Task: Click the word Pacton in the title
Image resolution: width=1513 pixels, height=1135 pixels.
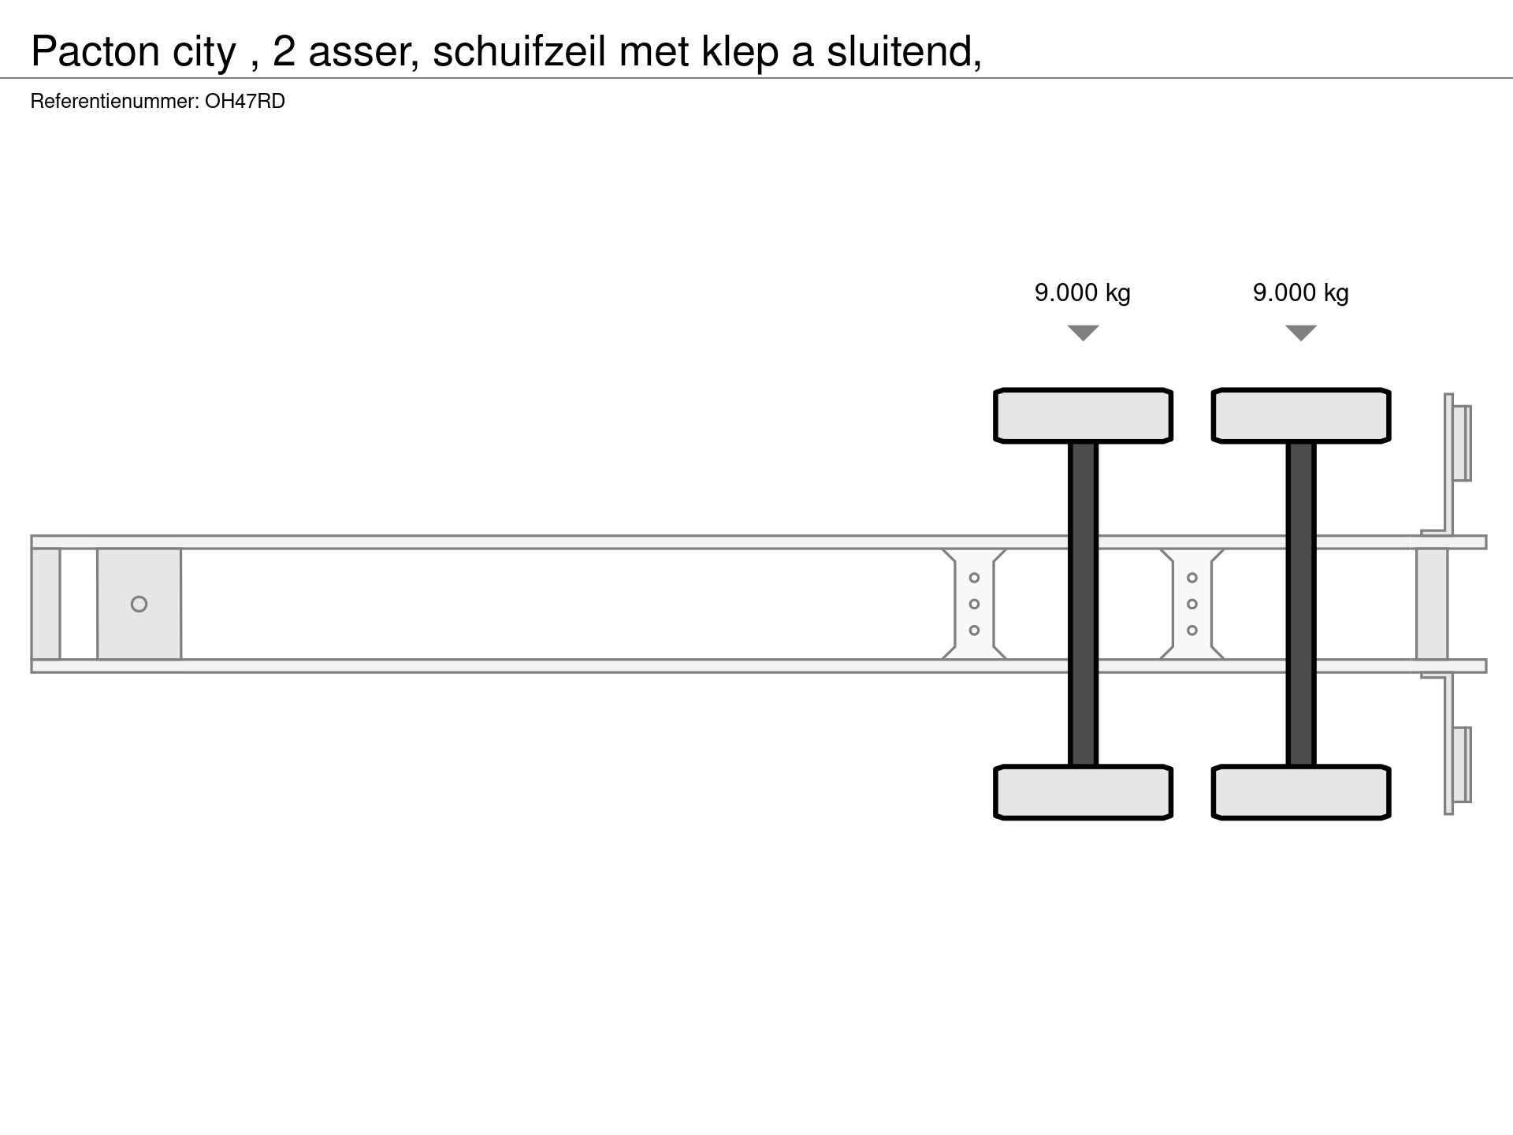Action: click(95, 52)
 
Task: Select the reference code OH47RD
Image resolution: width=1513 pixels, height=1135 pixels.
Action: click(245, 102)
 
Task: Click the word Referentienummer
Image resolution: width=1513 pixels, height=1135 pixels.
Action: click(115, 102)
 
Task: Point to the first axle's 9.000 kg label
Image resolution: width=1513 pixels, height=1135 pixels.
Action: click(1083, 292)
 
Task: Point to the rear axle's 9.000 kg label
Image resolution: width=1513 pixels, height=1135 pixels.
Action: click(1301, 292)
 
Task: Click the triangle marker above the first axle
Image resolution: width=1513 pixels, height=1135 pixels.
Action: click(1084, 333)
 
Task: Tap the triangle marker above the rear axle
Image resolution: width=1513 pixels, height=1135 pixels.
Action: click(1301, 333)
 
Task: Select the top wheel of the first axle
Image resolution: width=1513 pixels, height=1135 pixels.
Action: click(1084, 415)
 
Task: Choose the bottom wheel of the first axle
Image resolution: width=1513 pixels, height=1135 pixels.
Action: click(1084, 792)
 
